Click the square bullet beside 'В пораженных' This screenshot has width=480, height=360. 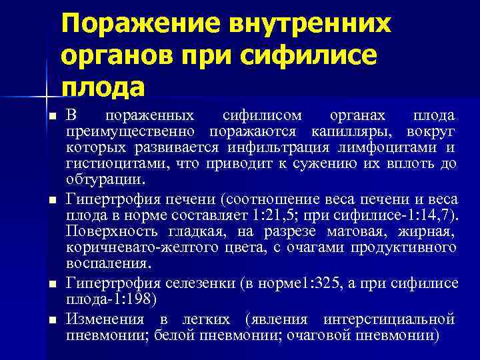52,117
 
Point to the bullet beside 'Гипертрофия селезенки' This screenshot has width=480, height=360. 52,285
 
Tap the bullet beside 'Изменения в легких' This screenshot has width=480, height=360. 52,319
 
